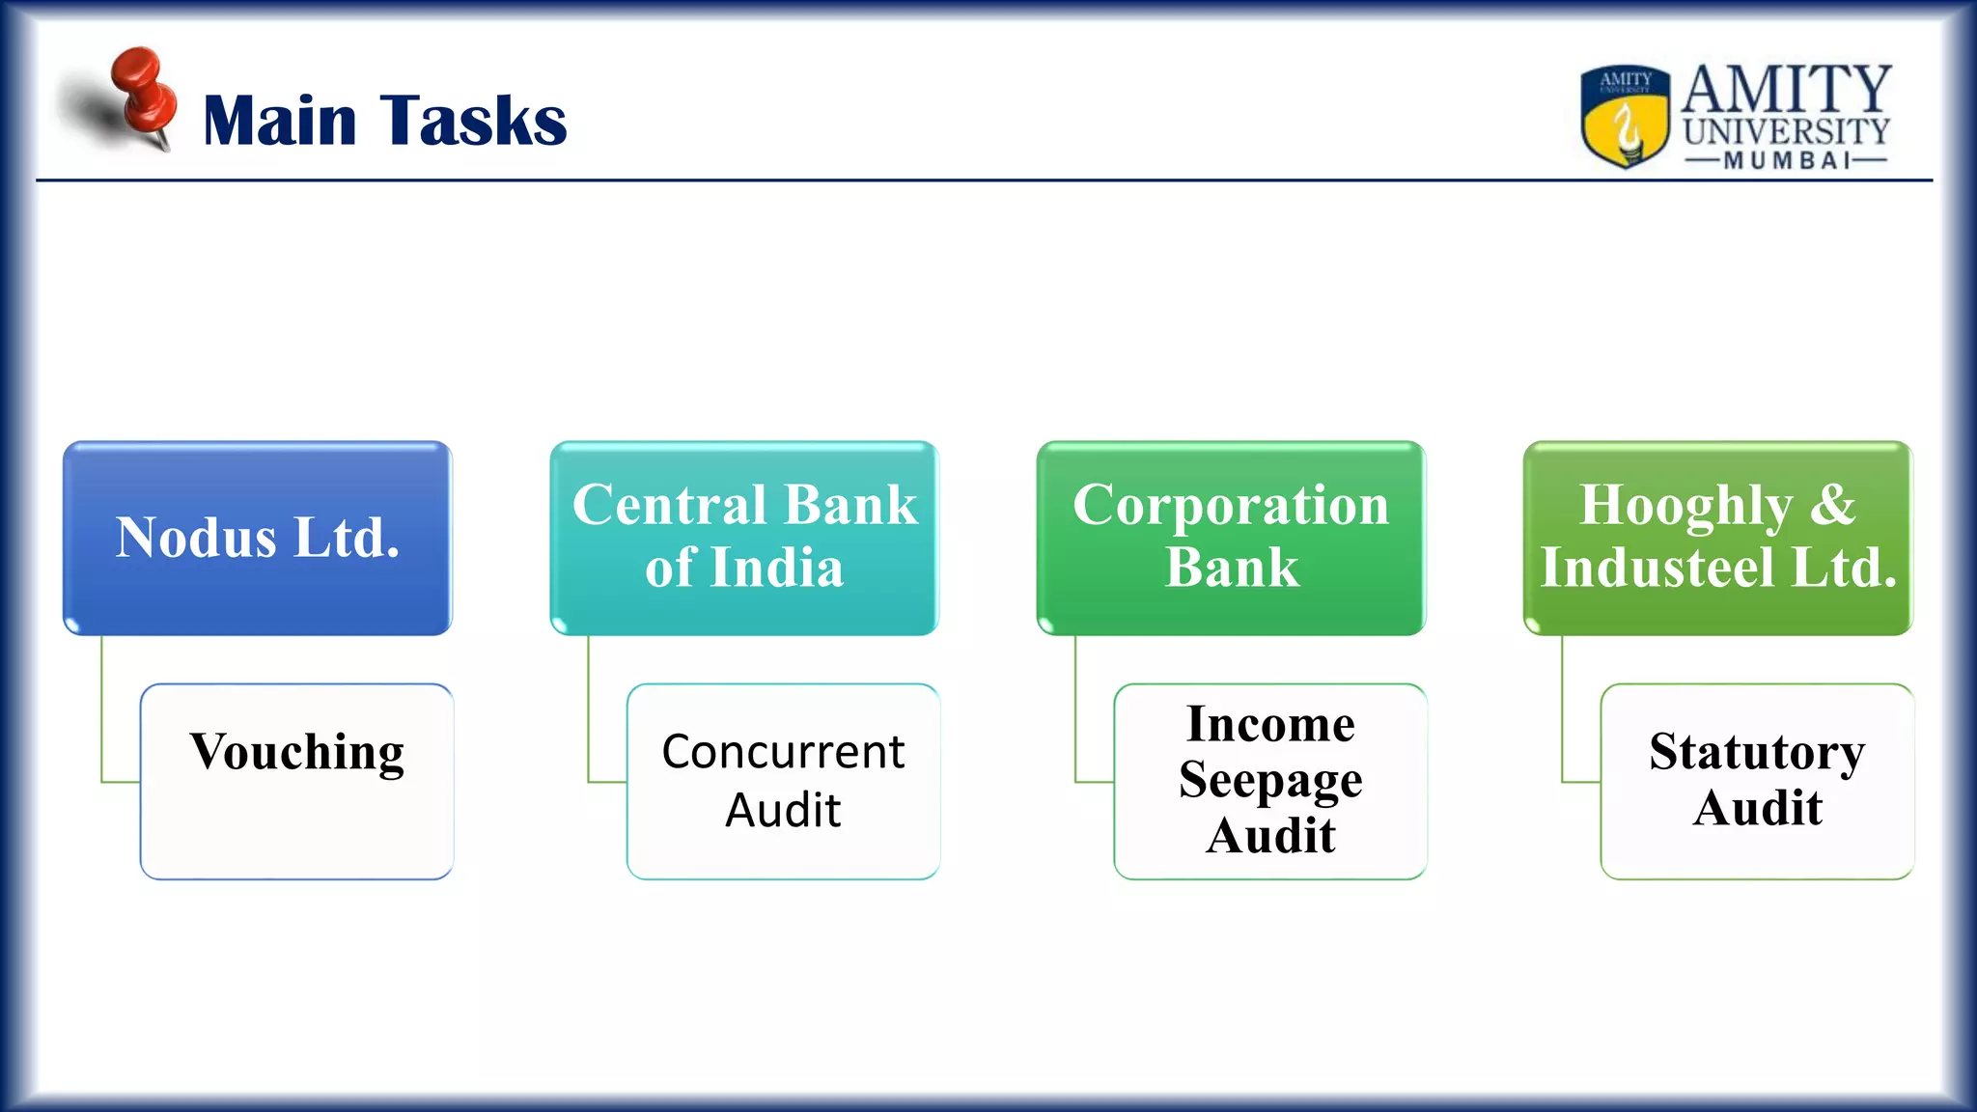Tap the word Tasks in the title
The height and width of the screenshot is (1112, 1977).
tap(473, 121)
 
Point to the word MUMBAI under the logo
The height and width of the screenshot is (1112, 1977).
tap(1786, 160)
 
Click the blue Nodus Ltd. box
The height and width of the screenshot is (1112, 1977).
tap(257, 538)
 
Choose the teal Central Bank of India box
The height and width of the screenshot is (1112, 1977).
tap(744, 538)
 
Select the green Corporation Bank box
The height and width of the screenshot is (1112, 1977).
tap(1231, 538)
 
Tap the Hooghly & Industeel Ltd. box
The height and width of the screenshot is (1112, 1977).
tap(1717, 538)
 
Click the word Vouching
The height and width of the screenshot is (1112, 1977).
tap(296, 752)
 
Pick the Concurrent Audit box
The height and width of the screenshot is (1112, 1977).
tap(783, 781)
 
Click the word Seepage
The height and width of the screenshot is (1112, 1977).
tap(1270, 780)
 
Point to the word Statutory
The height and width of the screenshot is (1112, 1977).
tap(1757, 752)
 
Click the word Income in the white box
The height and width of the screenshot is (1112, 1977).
tap(1270, 724)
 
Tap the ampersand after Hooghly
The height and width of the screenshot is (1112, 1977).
tap(1832, 505)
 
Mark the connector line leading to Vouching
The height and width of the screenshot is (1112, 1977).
tap(102, 714)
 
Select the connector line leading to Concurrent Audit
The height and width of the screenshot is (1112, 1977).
tap(589, 714)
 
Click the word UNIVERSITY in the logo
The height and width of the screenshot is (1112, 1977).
tap(1786, 131)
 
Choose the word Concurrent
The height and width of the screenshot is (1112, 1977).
tap(783, 752)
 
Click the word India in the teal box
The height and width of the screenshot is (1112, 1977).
tap(777, 568)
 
